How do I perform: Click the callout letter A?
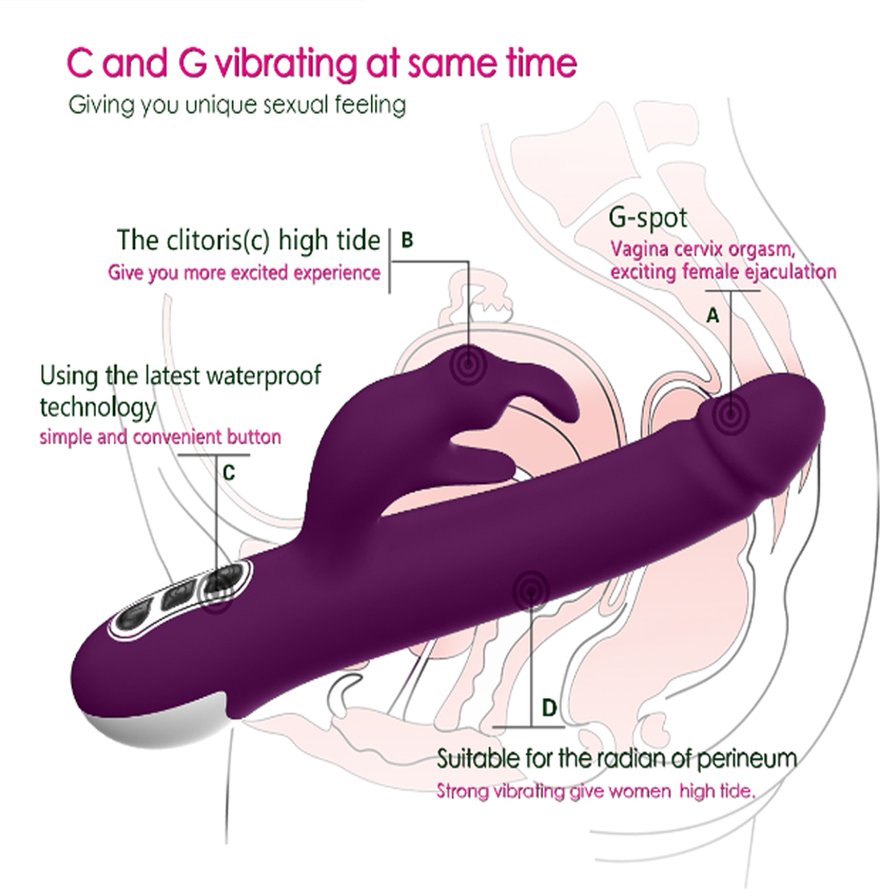click(713, 315)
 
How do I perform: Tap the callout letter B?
click(407, 240)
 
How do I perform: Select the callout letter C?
click(228, 473)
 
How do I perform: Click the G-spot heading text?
click(648, 217)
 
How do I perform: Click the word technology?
click(98, 408)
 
